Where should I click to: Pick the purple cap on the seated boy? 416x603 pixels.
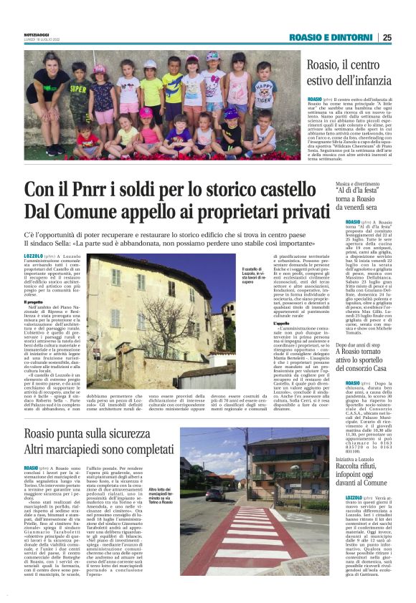point(230,113)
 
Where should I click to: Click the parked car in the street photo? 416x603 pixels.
point(214,494)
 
